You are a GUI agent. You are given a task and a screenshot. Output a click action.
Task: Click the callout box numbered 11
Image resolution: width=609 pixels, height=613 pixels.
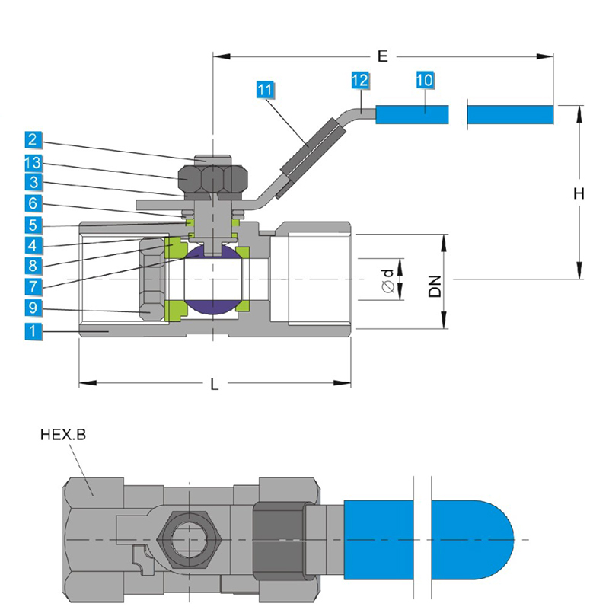tap(264, 90)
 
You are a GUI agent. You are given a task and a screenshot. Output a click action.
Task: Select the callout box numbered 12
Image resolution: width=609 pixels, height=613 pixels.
tap(361, 79)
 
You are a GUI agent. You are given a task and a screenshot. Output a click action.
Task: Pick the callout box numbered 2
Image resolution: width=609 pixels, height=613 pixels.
tap(32, 139)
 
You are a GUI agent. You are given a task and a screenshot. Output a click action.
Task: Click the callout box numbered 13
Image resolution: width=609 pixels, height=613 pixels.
tap(32, 162)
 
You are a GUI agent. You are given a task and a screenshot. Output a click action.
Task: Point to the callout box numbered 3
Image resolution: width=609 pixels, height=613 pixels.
tap(32, 183)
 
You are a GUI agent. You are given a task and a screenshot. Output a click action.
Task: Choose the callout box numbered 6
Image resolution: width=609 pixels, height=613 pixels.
tap(32, 204)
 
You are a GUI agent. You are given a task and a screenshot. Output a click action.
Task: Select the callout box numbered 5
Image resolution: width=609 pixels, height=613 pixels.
tap(32, 225)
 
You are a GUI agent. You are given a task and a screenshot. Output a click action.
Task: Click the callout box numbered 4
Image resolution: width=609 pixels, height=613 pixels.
tap(32, 245)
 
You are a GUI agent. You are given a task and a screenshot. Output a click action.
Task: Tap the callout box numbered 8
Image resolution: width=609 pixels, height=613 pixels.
tap(32, 266)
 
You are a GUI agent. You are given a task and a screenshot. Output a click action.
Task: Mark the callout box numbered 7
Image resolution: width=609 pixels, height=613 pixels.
tap(32, 287)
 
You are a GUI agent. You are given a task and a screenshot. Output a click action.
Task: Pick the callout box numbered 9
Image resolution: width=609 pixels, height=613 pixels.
tap(32, 308)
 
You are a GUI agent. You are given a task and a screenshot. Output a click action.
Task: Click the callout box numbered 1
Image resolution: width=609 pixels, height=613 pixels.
tap(32, 330)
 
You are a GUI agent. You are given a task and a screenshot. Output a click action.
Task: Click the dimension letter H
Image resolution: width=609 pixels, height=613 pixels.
tap(579, 194)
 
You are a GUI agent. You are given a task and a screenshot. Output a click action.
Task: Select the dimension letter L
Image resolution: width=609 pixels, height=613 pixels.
tap(215, 385)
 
